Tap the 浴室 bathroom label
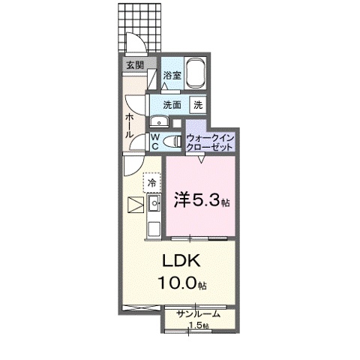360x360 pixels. point(172,75)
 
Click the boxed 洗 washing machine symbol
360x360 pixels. point(199,105)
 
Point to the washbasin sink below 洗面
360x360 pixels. point(159,122)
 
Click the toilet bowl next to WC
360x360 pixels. point(172,140)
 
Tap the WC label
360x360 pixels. point(154,142)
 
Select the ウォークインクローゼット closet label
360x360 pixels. point(211,142)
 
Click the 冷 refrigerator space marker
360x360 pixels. point(152,182)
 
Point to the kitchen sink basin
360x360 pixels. point(155,203)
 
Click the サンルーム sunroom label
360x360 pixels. point(198,314)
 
